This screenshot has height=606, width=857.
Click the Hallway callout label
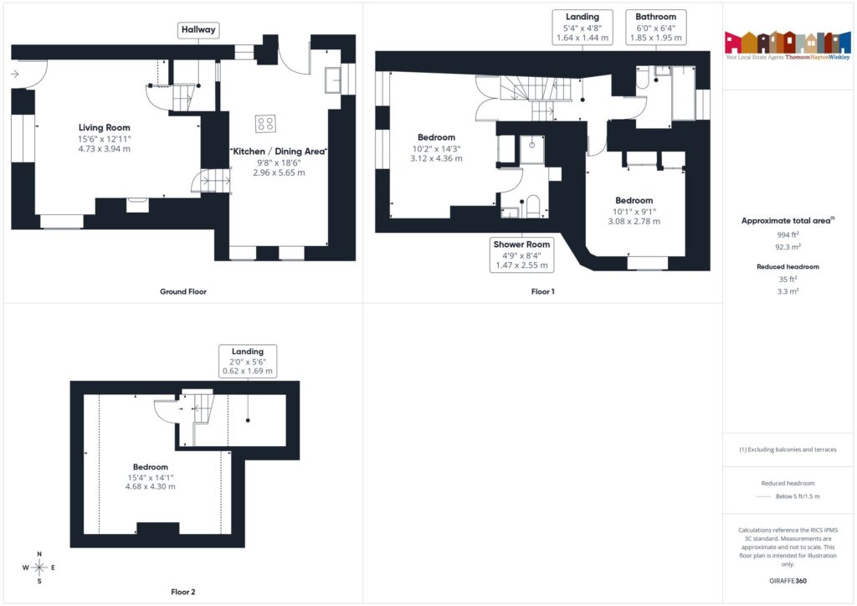(199, 30)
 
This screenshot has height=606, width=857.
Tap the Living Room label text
(105, 127)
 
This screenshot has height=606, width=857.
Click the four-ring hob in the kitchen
(265, 124)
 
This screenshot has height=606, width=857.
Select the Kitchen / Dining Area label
(278, 151)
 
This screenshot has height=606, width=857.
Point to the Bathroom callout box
(656, 27)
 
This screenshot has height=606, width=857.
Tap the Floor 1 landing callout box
(582, 27)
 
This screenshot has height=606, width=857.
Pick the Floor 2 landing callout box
(247, 361)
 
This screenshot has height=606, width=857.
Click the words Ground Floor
(183, 292)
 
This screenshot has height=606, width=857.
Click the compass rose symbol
(38, 567)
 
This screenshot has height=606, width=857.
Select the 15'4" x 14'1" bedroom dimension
(151, 477)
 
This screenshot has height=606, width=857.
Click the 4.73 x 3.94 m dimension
(105, 148)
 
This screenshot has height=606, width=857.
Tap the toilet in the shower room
(532, 203)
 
